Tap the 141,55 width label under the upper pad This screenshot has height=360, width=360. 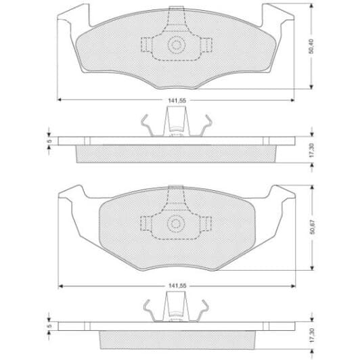pyautogui.click(x=177, y=102)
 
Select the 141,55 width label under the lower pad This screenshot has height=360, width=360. pyautogui.click(x=177, y=286)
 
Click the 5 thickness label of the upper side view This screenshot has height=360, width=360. pyautogui.click(x=49, y=142)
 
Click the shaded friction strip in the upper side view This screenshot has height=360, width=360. pyautogui.click(x=177, y=154)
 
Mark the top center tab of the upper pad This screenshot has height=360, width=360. pyautogui.click(x=177, y=13)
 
